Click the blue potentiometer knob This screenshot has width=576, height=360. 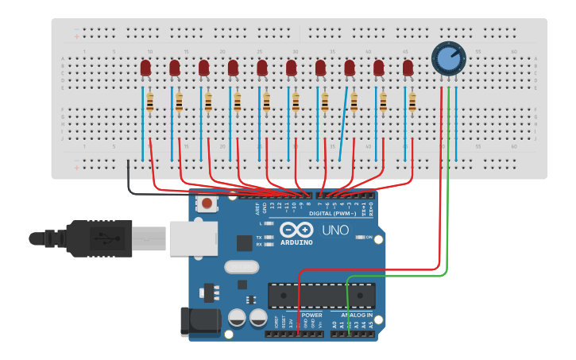point(448,58)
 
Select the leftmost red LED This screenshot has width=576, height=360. point(145,69)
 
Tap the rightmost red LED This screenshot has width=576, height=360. point(408,69)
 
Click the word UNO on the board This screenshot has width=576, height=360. point(335,230)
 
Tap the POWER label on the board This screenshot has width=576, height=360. point(311,315)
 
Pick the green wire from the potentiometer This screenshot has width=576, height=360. point(448,199)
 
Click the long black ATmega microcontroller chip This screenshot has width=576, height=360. point(321,295)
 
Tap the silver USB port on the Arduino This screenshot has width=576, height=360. point(192,238)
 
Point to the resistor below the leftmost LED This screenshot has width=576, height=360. point(149,102)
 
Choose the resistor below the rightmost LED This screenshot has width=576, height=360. point(412,102)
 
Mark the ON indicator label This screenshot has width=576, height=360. point(369,238)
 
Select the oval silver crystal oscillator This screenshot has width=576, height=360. point(242,268)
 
